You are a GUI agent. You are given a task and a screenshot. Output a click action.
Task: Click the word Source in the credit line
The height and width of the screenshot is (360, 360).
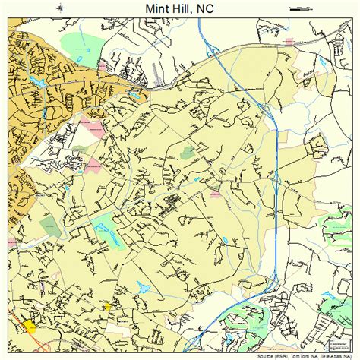(267, 355)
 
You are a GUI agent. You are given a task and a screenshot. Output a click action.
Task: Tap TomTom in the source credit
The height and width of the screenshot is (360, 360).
(301, 355)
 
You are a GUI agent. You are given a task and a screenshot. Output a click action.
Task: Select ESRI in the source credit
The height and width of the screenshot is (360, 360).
(283, 355)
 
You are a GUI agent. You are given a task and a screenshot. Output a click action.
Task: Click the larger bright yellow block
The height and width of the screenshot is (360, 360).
(30, 326)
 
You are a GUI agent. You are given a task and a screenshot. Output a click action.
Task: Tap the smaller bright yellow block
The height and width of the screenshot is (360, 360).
(108, 307)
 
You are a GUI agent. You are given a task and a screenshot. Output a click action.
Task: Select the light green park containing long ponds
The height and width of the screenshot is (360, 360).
(106, 227)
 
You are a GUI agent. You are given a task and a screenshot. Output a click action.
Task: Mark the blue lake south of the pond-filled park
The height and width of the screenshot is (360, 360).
(143, 287)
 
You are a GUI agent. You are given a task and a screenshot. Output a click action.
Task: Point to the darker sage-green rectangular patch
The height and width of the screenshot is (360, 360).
(50, 226)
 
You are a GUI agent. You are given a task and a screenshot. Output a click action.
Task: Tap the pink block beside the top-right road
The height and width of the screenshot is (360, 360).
(289, 42)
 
